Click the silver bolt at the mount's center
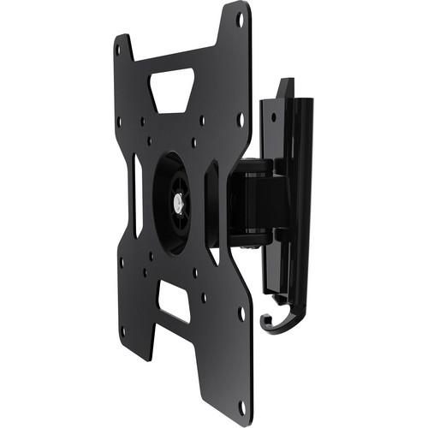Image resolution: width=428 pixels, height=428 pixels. [x=177, y=204]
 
